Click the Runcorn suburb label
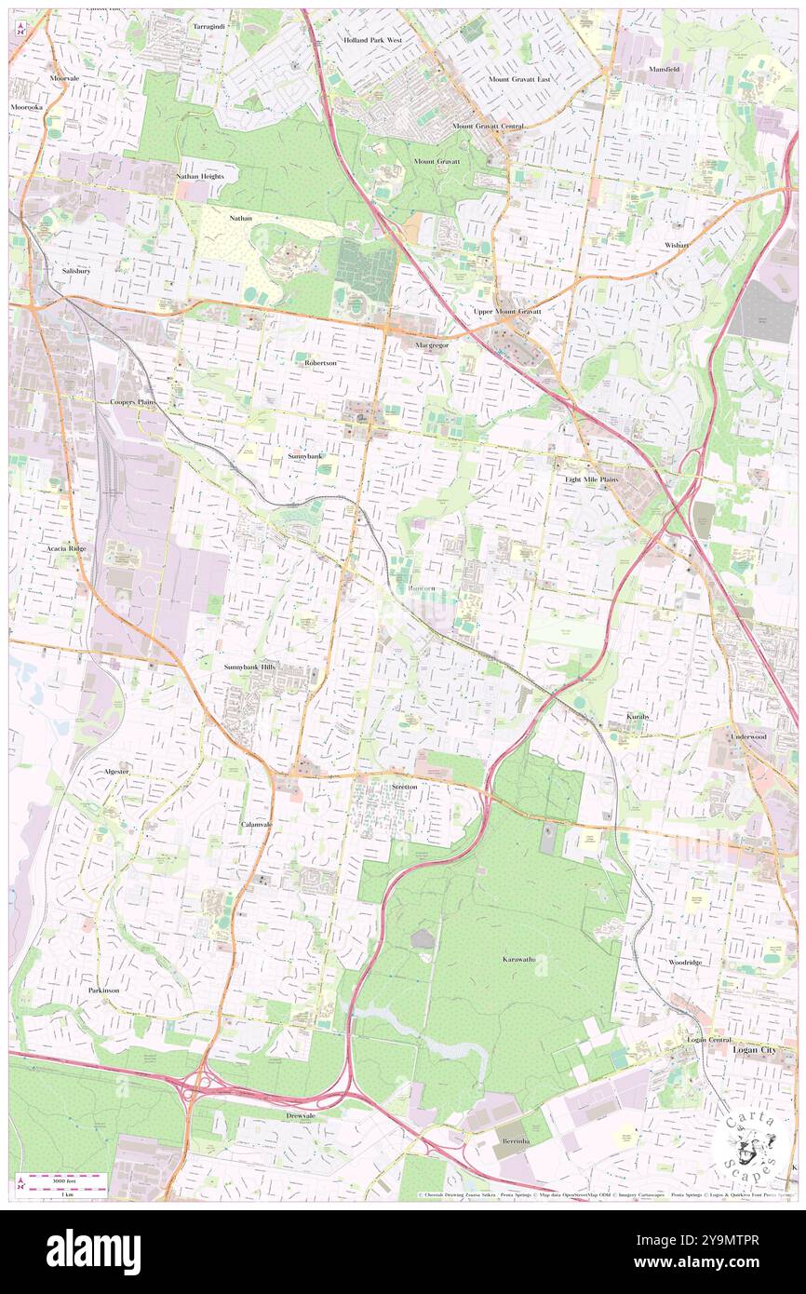(x=423, y=589)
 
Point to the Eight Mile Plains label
(x=591, y=479)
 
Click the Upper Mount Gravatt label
(x=506, y=311)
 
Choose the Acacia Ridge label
(x=66, y=548)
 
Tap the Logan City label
(x=757, y=1049)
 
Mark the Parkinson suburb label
(x=104, y=990)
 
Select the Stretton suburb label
(x=404, y=787)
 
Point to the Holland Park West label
(x=372, y=41)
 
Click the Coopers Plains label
(x=132, y=401)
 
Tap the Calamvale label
(x=256, y=825)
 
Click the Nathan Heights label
(x=200, y=176)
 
